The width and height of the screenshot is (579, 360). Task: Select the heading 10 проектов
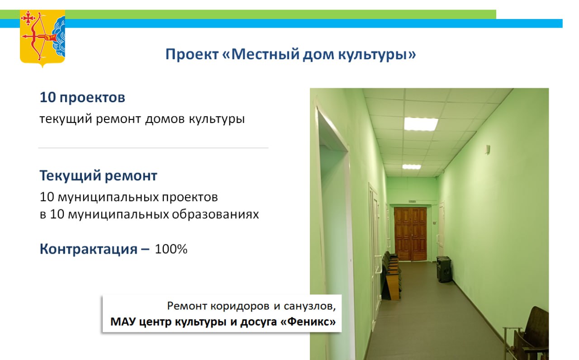click(x=82, y=98)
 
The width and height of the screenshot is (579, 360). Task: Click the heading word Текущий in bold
click(x=70, y=176)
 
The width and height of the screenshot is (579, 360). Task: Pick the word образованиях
click(x=215, y=214)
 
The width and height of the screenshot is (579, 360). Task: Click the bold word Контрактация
click(x=88, y=249)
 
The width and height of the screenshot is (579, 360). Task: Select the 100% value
click(x=171, y=249)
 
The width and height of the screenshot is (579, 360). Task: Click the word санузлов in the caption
click(x=310, y=306)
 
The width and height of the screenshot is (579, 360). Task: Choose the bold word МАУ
click(x=123, y=322)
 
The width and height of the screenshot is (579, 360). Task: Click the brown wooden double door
click(x=410, y=234)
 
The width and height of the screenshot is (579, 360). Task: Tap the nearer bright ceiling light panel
click(x=421, y=124)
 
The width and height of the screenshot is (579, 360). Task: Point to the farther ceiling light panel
click(x=412, y=167)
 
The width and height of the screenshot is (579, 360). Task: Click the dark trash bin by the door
click(x=444, y=269)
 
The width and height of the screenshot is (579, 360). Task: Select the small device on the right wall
click(x=488, y=149)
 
